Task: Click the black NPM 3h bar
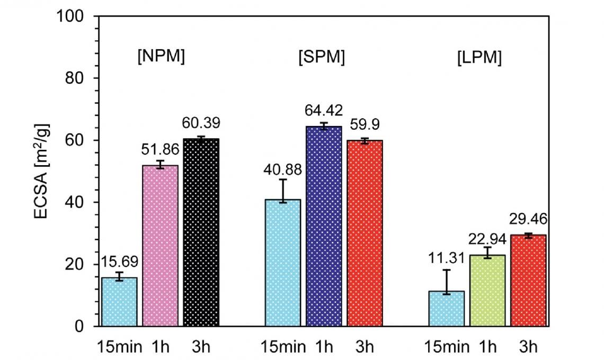[x=201, y=232]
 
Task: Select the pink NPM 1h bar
[x=160, y=246]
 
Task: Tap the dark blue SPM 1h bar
[x=324, y=227]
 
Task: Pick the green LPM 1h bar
[x=487, y=291]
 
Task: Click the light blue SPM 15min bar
[x=283, y=263]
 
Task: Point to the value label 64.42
[x=324, y=111]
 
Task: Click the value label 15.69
[x=119, y=262]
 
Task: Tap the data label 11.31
[x=447, y=258]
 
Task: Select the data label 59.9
[x=365, y=124]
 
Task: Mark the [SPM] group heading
[x=322, y=57]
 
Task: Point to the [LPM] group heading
[x=479, y=58]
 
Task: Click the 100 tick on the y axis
[x=70, y=16]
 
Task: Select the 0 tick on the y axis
[x=79, y=327]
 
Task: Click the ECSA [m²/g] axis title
[x=41, y=172]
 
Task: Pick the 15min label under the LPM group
[x=447, y=347]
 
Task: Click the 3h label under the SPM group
[x=365, y=347]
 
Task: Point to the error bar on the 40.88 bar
[x=283, y=191]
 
